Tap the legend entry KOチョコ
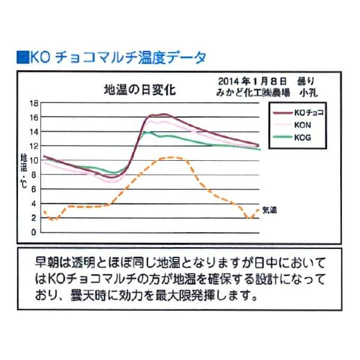(310, 113)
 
